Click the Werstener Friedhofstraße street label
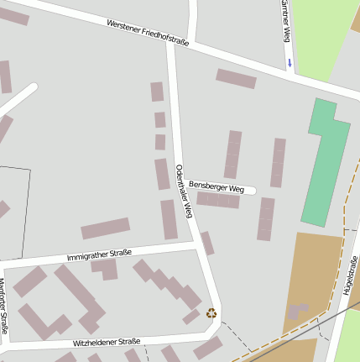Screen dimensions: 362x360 coord(148,33)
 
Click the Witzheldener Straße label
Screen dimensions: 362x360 coord(106,343)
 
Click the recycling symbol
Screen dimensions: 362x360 coord(211,313)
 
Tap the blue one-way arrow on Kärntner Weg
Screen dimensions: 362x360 coord(290,62)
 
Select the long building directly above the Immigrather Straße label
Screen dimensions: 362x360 coord(106,228)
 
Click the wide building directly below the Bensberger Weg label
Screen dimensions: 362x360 coord(218,200)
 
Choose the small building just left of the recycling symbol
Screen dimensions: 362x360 coord(191,317)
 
